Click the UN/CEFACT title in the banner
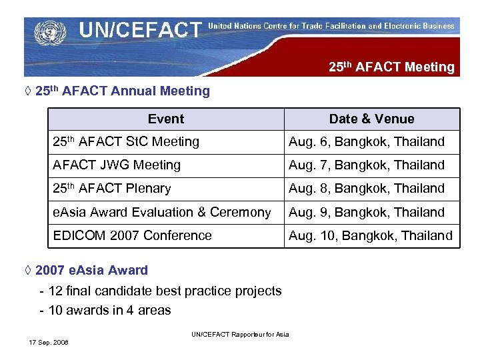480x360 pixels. point(140,30)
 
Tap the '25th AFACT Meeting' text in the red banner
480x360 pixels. point(391,67)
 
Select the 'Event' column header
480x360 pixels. point(166,119)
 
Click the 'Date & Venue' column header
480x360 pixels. point(371,119)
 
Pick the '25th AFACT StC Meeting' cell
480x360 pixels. point(126,141)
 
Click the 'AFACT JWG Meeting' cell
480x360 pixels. point(117,165)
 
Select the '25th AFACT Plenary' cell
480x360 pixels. point(112,189)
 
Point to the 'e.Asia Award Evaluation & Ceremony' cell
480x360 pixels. point(162,212)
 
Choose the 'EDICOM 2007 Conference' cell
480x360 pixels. point(132,235)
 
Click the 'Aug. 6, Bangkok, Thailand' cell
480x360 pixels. point(366,141)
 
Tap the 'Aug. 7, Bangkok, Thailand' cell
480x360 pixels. point(366,165)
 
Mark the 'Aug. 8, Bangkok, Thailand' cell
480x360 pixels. point(366,189)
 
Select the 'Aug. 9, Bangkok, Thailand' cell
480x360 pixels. point(366,212)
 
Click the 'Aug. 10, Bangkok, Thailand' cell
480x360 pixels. point(370,235)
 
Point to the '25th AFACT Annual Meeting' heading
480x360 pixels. point(122,91)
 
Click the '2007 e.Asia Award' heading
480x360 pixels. point(91,270)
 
